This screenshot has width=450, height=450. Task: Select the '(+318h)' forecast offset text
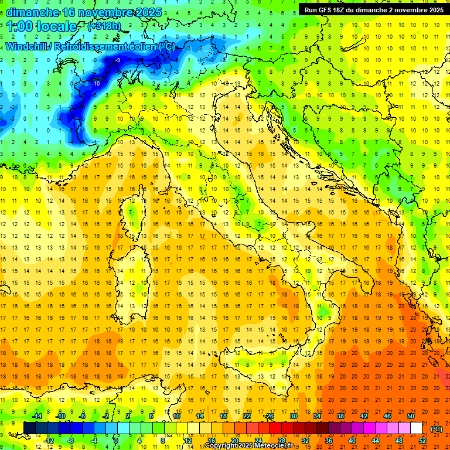point(105,26)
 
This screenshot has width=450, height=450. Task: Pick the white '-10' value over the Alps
point(96,83)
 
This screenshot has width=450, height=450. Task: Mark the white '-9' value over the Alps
point(118,60)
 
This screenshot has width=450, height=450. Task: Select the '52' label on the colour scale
point(422,440)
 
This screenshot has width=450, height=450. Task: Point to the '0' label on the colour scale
point(116,440)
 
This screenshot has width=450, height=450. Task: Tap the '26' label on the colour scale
point(270,416)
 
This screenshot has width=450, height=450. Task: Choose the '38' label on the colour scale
point(340,416)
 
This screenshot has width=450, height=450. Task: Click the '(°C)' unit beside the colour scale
point(437,428)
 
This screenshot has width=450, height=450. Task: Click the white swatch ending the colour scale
point(416,428)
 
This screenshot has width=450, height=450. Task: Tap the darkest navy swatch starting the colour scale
point(29,428)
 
